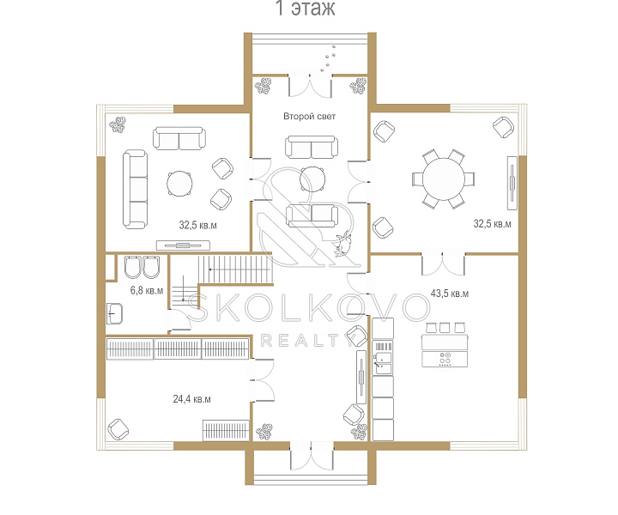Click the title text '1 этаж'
click(306, 8)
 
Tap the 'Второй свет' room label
click(309, 116)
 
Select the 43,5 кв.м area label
click(450, 294)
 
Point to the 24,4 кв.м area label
click(192, 399)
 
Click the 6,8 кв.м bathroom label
click(147, 291)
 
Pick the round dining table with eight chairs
click(444, 179)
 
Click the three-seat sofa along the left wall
click(136, 190)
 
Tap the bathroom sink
click(114, 313)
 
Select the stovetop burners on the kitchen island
click(445, 359)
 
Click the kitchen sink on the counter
click(383, 363)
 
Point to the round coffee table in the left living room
click(179, 184)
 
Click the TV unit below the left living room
click(183, 245)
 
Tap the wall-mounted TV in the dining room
click(512, 183)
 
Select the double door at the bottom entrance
click(312, 456)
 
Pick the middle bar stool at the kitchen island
click(445, 327)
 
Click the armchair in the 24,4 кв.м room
click(118, 429)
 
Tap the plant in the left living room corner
click(118, 124)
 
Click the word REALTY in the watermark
click(306, 341)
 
